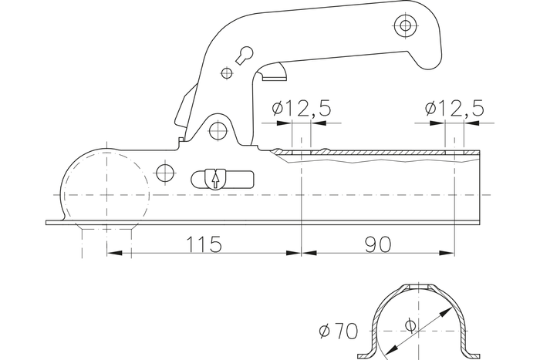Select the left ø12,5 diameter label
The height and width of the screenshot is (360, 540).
click(302, 110)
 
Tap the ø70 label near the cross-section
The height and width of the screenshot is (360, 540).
click(338, 331)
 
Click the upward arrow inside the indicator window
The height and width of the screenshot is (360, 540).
click(214, 179)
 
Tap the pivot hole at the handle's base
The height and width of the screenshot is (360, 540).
click(218, 129)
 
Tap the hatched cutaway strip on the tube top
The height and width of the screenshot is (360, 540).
click(378, 157)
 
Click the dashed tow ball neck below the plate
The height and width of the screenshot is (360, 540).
click(107, 241)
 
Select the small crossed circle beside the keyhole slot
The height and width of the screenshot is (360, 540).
click(227, 73)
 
